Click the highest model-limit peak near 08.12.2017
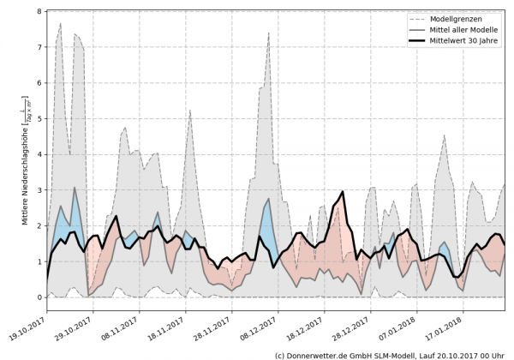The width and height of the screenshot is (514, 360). click(268, 33)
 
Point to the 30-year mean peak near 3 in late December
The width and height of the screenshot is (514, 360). click(343, 192)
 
